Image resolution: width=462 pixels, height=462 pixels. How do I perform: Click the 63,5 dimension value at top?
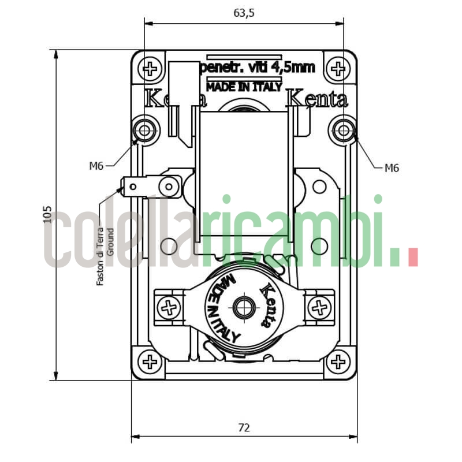pyautogui.click(x=244, y=13)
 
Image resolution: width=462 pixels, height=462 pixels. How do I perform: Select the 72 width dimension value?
pyautogui.click(x=244, y=427)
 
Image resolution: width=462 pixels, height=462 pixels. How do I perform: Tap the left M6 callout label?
pyautogui.click(x=96, y=166)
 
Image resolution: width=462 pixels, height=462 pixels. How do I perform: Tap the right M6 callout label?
pyautogui.click(x=392, y=168)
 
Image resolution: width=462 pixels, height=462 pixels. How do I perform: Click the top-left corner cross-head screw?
pyautogui.click(x=150, y=69)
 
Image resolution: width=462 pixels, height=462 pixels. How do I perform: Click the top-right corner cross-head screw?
pyautogui.click(x=338, y=69)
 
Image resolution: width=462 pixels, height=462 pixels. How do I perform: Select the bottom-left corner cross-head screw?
pyautogui.click(x=150, y=362)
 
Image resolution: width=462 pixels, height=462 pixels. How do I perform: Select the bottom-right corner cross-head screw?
pyautogui.click(x=338, y=362)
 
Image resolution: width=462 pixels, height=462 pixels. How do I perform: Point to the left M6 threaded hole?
pyautogui.click(x=144, y=131)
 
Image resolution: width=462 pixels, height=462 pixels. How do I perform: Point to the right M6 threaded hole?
pyautogui.click(x=344, y=131)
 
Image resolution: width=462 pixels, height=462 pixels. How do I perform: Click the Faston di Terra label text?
pyautogui.click(x=100, y=254)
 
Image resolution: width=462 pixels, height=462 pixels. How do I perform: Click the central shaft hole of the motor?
pyautogui.click(x=244, y=307)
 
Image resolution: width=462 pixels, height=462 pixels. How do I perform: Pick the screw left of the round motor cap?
pyautogui.click(x=169, y=307)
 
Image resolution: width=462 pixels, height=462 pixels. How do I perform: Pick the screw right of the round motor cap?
pyautogui.click(x=319, y=307)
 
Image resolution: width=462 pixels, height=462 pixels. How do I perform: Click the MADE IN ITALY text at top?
pyautogui.click(x=244, y=87)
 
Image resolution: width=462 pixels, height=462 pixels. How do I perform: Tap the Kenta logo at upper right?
pyautogui.click(x=318, y=99)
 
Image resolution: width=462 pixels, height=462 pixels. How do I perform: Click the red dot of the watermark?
pyautogui.click(x=412, y=257)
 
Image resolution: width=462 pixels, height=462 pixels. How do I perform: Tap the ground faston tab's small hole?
pyautogui.click(x=133, y=186)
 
